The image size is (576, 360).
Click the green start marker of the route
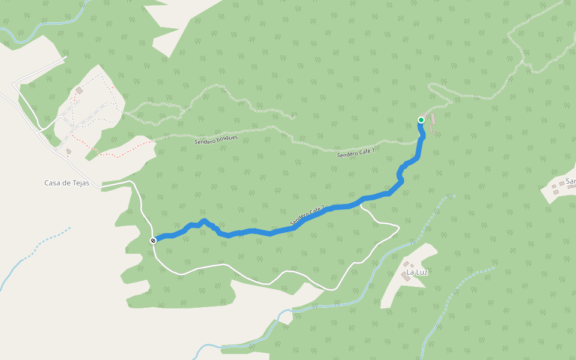421,120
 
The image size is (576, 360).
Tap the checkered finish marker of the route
154,241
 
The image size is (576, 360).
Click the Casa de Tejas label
67,183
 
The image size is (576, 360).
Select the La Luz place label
417,272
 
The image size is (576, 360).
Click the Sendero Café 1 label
356,153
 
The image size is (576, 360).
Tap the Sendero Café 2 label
307,217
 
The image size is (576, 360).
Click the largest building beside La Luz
406,275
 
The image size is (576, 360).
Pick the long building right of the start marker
433,118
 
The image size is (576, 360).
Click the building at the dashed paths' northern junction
79,91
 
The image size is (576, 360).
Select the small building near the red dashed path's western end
69,151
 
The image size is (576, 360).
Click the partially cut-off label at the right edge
570,180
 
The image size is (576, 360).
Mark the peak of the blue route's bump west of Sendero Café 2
205,221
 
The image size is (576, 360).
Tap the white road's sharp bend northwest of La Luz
397,226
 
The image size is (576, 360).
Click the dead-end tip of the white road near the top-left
65,58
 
